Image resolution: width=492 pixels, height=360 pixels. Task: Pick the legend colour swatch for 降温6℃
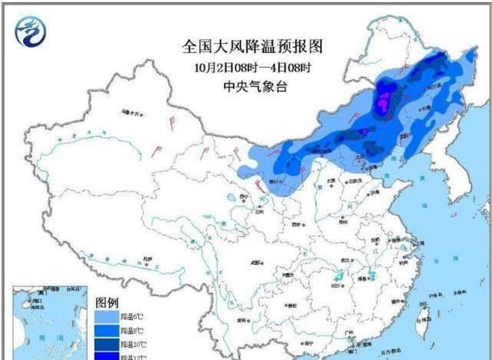tap(107, 316)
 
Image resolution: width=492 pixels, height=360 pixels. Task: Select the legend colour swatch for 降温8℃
tap(107, 329)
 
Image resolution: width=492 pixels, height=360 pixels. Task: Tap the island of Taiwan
tap(421, 324)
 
